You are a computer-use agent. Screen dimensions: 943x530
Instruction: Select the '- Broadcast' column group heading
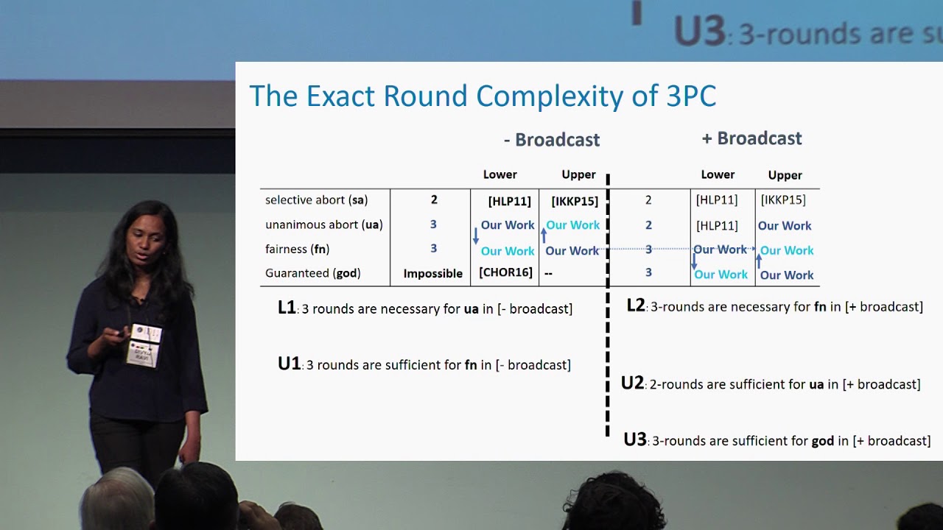[x=552, y=140]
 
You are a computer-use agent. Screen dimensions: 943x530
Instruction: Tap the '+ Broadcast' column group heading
[x=751, y=138]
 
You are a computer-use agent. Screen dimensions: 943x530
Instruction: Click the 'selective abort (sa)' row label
[x=316, y=200]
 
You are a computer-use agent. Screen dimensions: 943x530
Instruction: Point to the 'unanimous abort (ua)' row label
[x=323, y=225]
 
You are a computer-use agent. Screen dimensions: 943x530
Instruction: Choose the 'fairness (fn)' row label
[x=297, y=249]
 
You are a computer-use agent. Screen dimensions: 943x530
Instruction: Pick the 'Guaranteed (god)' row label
[x=313, y=273]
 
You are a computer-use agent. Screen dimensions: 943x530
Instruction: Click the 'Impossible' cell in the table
[x=432, y=274]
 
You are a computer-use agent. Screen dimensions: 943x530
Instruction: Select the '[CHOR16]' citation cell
[x=505, y=272]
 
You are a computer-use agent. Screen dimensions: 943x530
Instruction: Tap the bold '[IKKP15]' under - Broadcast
[x=575, y=202]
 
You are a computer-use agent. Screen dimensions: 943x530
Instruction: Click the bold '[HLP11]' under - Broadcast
[x=509, y=202]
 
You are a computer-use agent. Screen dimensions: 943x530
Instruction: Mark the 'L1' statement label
[x=287, y=308]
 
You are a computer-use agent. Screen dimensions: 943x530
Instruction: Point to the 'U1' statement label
[x=290, y=364]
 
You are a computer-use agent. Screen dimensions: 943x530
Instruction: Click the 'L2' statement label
[x=636, y=305]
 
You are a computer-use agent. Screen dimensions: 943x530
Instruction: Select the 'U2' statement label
[x=632, y=383]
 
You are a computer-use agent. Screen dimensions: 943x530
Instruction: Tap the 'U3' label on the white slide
[x=635, y=439]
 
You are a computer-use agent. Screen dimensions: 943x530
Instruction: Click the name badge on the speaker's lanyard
[x=144, y=345]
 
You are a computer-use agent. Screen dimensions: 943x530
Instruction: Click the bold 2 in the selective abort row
[x=434, y=199]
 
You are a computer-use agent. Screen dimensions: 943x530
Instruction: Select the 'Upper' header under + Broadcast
[x=785, y=175]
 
